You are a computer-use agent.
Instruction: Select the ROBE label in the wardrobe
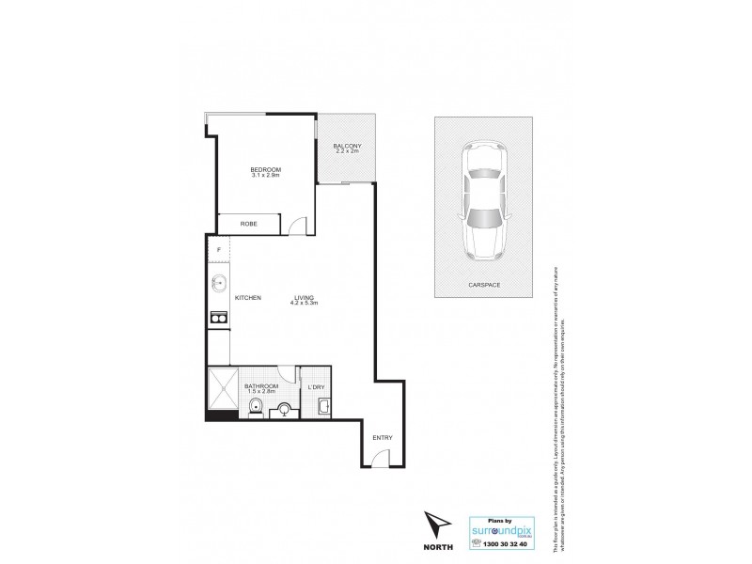(x=248, y=224)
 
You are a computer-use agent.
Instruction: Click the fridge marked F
(x=219, y=249)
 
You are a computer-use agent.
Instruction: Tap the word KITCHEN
(x=248, y=298)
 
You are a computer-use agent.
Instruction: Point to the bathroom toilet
(x=255, y=406)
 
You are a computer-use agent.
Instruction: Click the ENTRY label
(x=382, y=438)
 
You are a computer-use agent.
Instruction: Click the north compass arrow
(x=433, y=524)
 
